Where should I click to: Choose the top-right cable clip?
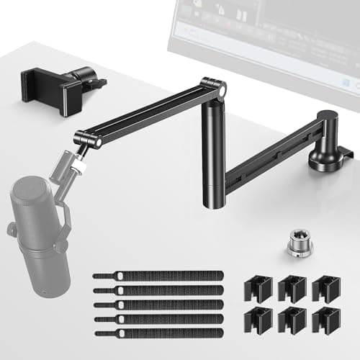pos(326,288)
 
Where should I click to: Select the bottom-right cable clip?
pos(326,320)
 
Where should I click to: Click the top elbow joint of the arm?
pos(213,87)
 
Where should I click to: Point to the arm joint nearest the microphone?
pos(88,138)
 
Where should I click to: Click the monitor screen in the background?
pos(266,36)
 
